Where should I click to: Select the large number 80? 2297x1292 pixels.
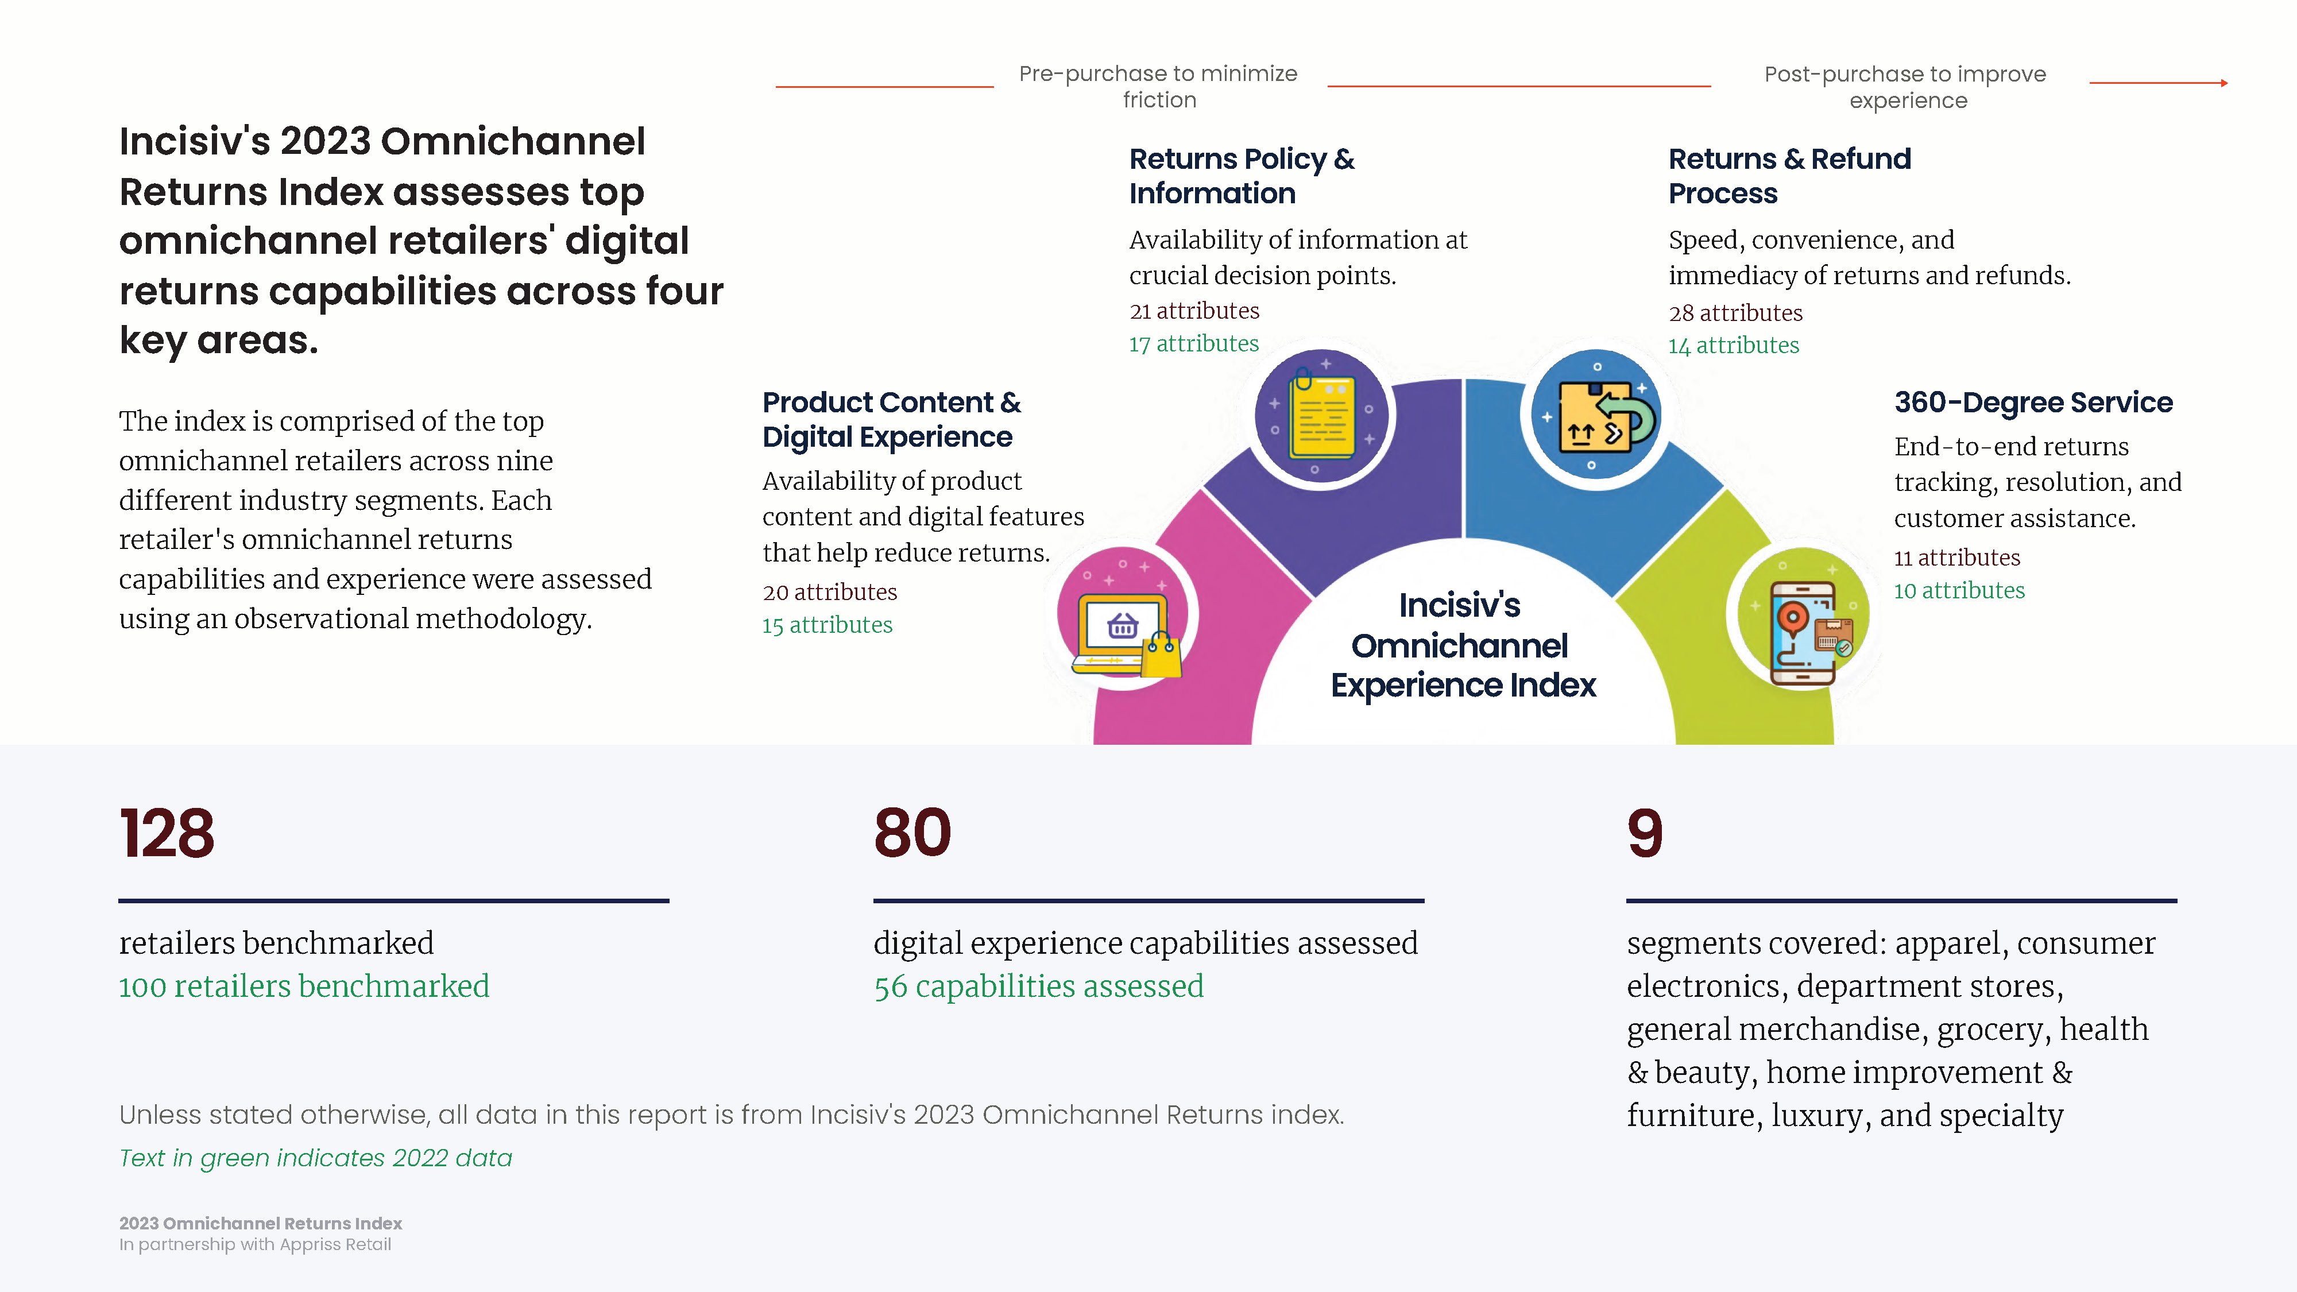[912, 833]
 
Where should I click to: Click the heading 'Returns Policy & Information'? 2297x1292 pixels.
[1241, 176]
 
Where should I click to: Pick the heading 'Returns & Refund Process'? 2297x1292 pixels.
[1789, 176]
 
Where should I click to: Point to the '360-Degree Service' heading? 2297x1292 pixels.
[2033, 402]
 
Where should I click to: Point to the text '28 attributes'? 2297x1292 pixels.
[1735, 313]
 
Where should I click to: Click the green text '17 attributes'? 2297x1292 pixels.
[1194, 343]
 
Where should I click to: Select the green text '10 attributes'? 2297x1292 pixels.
[1959, 590]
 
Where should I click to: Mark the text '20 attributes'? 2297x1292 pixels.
[829, 592]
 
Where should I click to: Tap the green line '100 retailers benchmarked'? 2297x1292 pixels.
[304, 986]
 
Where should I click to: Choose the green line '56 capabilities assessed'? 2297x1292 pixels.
[1039, 986]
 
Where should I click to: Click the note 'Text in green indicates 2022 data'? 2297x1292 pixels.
[316, 1158]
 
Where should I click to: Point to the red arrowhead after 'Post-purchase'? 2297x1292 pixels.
[2224, 83]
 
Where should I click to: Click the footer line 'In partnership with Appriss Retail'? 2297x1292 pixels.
[255, 1245]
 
